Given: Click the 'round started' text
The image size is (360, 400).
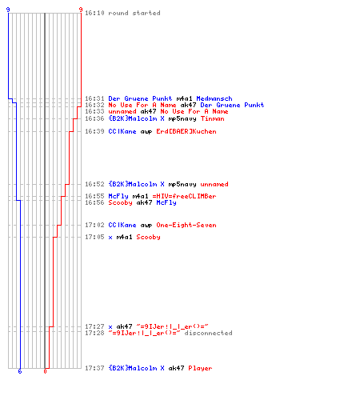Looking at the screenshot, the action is coord(134,13).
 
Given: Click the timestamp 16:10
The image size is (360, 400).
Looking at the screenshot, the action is coord(94,13).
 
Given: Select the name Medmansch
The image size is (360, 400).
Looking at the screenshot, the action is coord(214,98).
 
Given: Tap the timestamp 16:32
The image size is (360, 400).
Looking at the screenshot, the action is coord(94,105).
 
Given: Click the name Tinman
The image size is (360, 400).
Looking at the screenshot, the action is coord(212,118).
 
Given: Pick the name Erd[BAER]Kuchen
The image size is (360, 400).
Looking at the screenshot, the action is coord(186,131).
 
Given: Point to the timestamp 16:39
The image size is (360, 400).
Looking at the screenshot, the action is coord(94,131).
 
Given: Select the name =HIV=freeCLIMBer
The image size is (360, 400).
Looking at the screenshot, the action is coord(184,196).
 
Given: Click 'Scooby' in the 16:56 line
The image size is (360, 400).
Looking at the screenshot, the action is coord(120,202).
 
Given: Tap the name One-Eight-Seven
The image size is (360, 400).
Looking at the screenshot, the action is coord(186,225).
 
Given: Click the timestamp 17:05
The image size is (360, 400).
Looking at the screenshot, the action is coord(94,237).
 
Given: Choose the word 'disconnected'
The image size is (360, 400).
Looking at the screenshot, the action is coord(208,333).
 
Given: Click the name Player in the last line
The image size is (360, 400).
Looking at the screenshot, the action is coord(200,368).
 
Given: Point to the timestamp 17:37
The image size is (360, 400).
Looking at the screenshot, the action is coord(94,368).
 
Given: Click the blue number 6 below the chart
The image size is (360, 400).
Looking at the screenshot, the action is coord(20,371).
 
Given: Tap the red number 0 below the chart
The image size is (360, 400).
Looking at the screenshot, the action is coord(45,371).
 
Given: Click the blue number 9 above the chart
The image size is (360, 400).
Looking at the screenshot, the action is coord(8,10).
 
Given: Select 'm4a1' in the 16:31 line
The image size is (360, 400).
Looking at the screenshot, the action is coord(184,98).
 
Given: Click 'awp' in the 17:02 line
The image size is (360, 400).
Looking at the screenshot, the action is coord(146,225).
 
